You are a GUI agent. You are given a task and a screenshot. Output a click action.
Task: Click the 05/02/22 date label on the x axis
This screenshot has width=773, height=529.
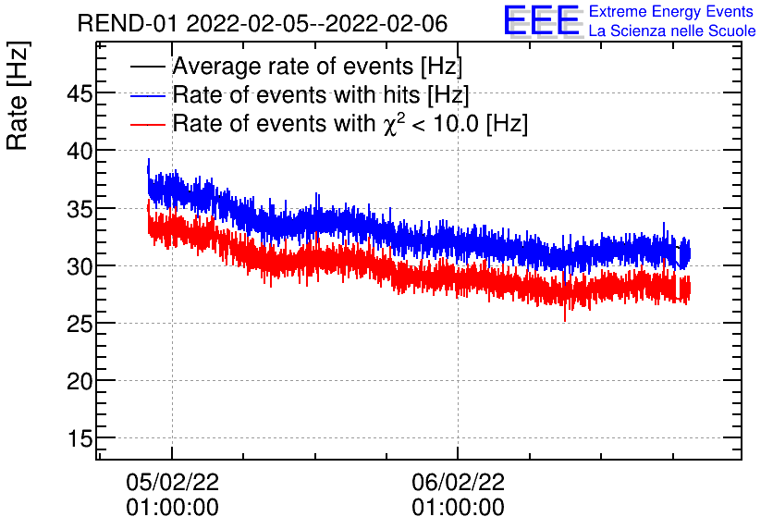(x=173, y=482)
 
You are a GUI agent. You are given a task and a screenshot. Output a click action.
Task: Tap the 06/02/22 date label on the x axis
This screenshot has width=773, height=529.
(x=459, y=482)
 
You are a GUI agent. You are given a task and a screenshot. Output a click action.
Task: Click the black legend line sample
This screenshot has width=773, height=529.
(x=148, y=68)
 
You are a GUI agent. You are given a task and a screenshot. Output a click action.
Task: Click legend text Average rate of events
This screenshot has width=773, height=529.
(x=317, y=68)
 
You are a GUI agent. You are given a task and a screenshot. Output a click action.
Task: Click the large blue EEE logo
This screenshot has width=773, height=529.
(x=542, y=21)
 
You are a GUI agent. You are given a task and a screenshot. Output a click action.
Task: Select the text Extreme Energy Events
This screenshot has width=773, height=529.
(x=672, y=12)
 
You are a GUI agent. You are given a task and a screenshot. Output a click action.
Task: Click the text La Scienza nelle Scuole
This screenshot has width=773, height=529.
(x=672, y=31)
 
